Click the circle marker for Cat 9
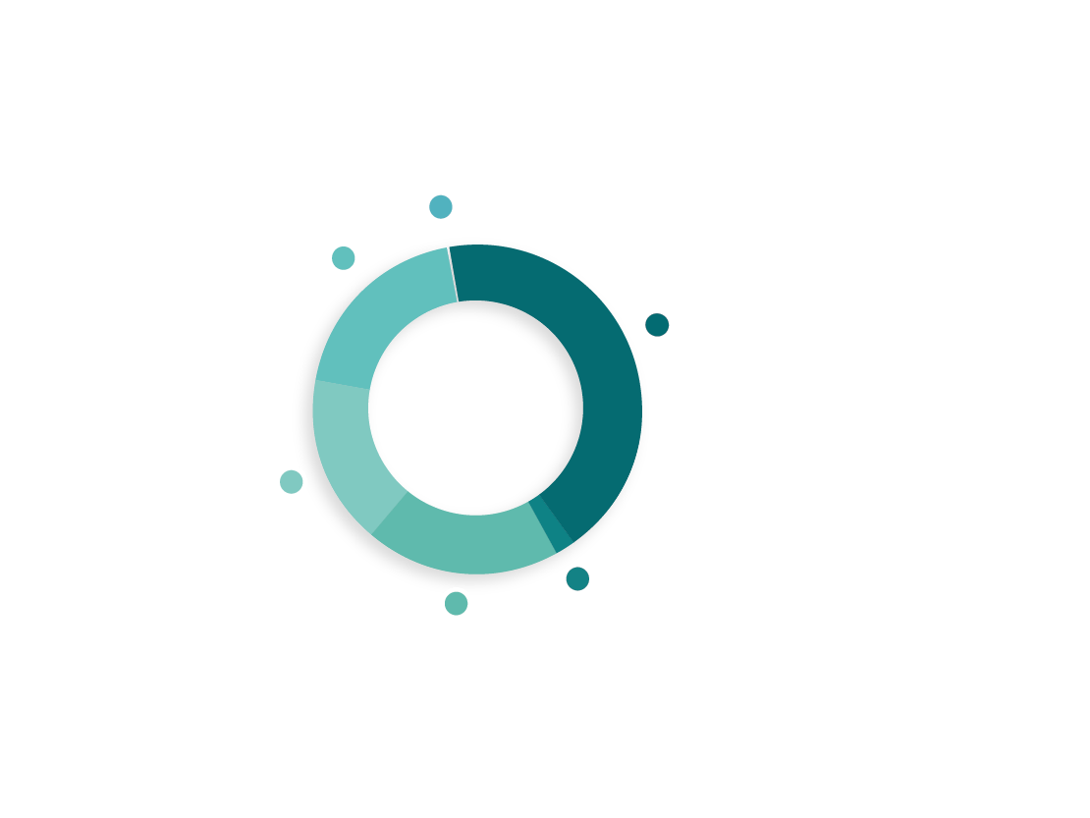(441, 206)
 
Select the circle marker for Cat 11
(657, 324)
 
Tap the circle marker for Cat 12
(342, 257)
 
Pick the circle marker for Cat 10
(291, 481)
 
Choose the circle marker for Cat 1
(456, 603)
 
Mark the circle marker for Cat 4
(577, 579)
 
